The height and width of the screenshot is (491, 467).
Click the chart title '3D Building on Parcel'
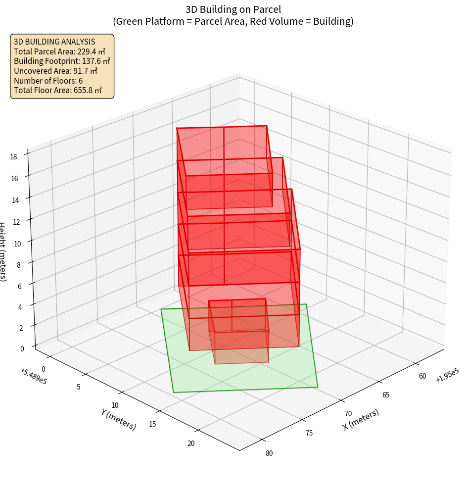[233, 9]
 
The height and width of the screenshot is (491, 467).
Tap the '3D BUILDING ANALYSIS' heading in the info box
[54, 42]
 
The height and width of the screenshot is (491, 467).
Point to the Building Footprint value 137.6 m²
[95, 61]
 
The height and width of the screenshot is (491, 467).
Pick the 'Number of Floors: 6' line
[48, 81]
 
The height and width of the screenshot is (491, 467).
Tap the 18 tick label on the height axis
[13, 157]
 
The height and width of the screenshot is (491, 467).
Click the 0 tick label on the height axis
[22, 348]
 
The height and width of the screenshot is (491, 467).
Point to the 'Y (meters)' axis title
[119, 419]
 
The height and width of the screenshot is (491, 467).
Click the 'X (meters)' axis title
[361, 419]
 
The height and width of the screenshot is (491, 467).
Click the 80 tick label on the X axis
[269, 452]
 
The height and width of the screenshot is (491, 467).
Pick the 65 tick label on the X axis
[386, 394]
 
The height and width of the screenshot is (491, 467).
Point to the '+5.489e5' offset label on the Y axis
[34, 376]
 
